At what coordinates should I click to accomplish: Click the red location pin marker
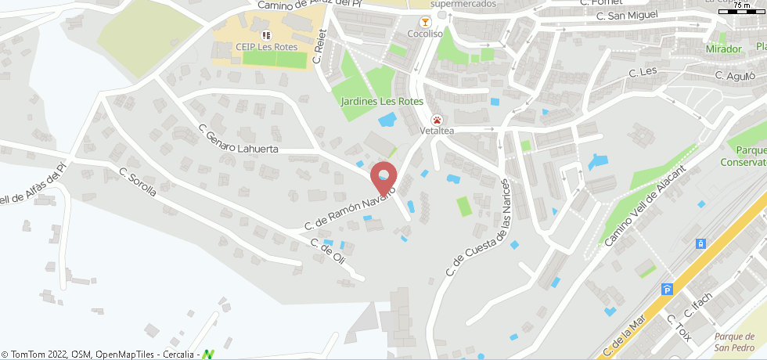[x=383, y=178]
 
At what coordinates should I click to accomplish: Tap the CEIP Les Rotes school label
[x=266, y=47]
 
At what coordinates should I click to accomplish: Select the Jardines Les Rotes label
[x=382, y=101]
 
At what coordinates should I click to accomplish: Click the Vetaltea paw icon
[x=436, y=120]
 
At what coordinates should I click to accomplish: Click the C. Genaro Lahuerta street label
[x=238, y=142]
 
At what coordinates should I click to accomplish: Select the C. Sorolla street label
[x=138, y=182]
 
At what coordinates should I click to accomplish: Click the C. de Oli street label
[x=328, y=251]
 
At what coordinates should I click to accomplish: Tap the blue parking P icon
[x=667, y=289]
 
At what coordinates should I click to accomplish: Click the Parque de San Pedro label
[x=735, y=342]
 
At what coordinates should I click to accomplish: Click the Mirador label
[x=723, y=49]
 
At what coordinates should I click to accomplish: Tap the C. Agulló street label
[x=735, y=76]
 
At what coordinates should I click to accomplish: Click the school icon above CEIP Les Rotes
[x=266, y=35]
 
